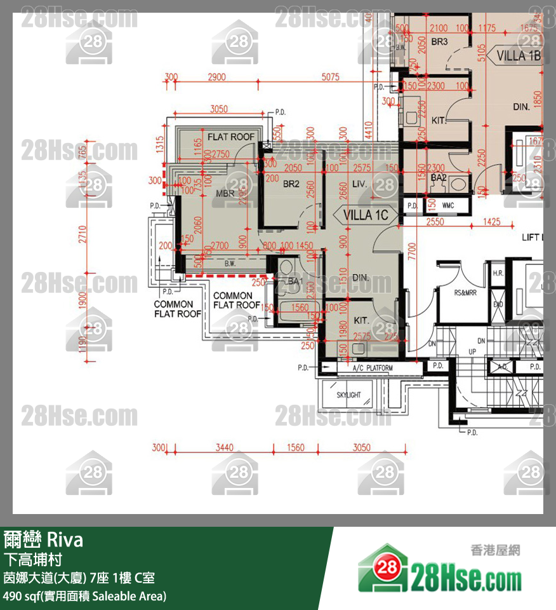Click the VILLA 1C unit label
pos(365,215)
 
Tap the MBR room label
pos(226,193)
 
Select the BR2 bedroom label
pos(291,184)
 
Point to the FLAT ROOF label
pos(231,137)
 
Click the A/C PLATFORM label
pos(373,368)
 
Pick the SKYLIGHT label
pos(348,395)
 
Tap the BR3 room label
pos(439,42)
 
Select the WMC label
pos(448,206)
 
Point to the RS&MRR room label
pos(465,294)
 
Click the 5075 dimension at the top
pos(330,77)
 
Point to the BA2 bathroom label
pos(439,178)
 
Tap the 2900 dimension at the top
pos(216,77)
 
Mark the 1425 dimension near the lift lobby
pos(492,222)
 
